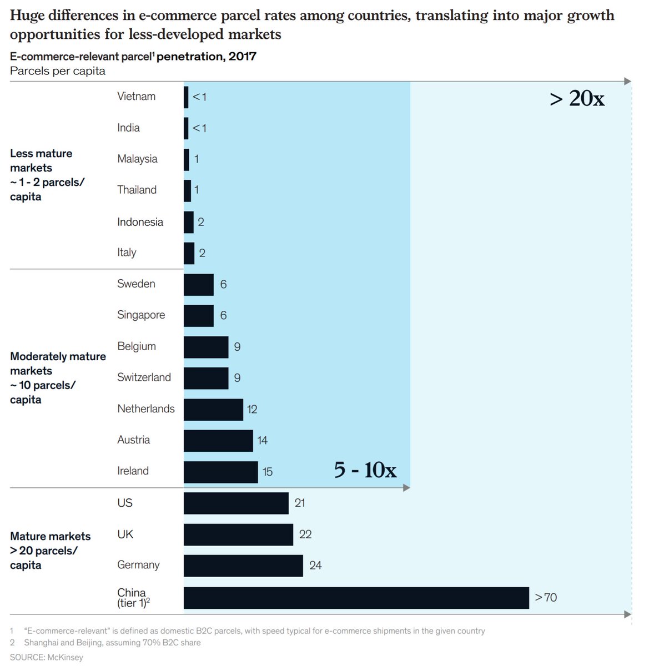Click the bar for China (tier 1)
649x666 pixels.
pyautogui.click(x=356, y=598)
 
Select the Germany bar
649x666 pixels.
pyautogui.click(x=243, y=566)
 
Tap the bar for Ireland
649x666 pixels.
pyautogui.click(x=220, y=472)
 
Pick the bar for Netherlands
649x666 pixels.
pyautogui.click(x=213, y=410)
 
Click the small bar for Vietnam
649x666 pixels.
pyautogui.click(x=186, y=97)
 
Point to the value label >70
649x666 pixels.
pyautogui.click(x=546, y=598)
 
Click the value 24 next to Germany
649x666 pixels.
pyautogui.click(x=315, y=566)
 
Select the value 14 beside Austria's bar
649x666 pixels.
pyautogui.click(x=262, y=441)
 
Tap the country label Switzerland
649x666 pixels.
pyautogui.click(x=144, y=377)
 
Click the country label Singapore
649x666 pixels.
pyautogui.click(x=141, y=315)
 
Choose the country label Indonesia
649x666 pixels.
pyautogui.click(x=140, y=222)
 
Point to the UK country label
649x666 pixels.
pyautogui.click(x=125, y=534)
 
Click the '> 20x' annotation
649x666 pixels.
pyautogui.click(x=577, y=99)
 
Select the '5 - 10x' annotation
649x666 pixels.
pyautogui.click(x=365, y=470)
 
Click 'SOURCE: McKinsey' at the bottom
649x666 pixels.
pyautogui.click(x=47, y=657)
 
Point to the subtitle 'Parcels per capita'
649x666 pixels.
pyautogui.click(x=58, y=71)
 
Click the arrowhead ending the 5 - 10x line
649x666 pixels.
pyautogui.click(x=406, y=488)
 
